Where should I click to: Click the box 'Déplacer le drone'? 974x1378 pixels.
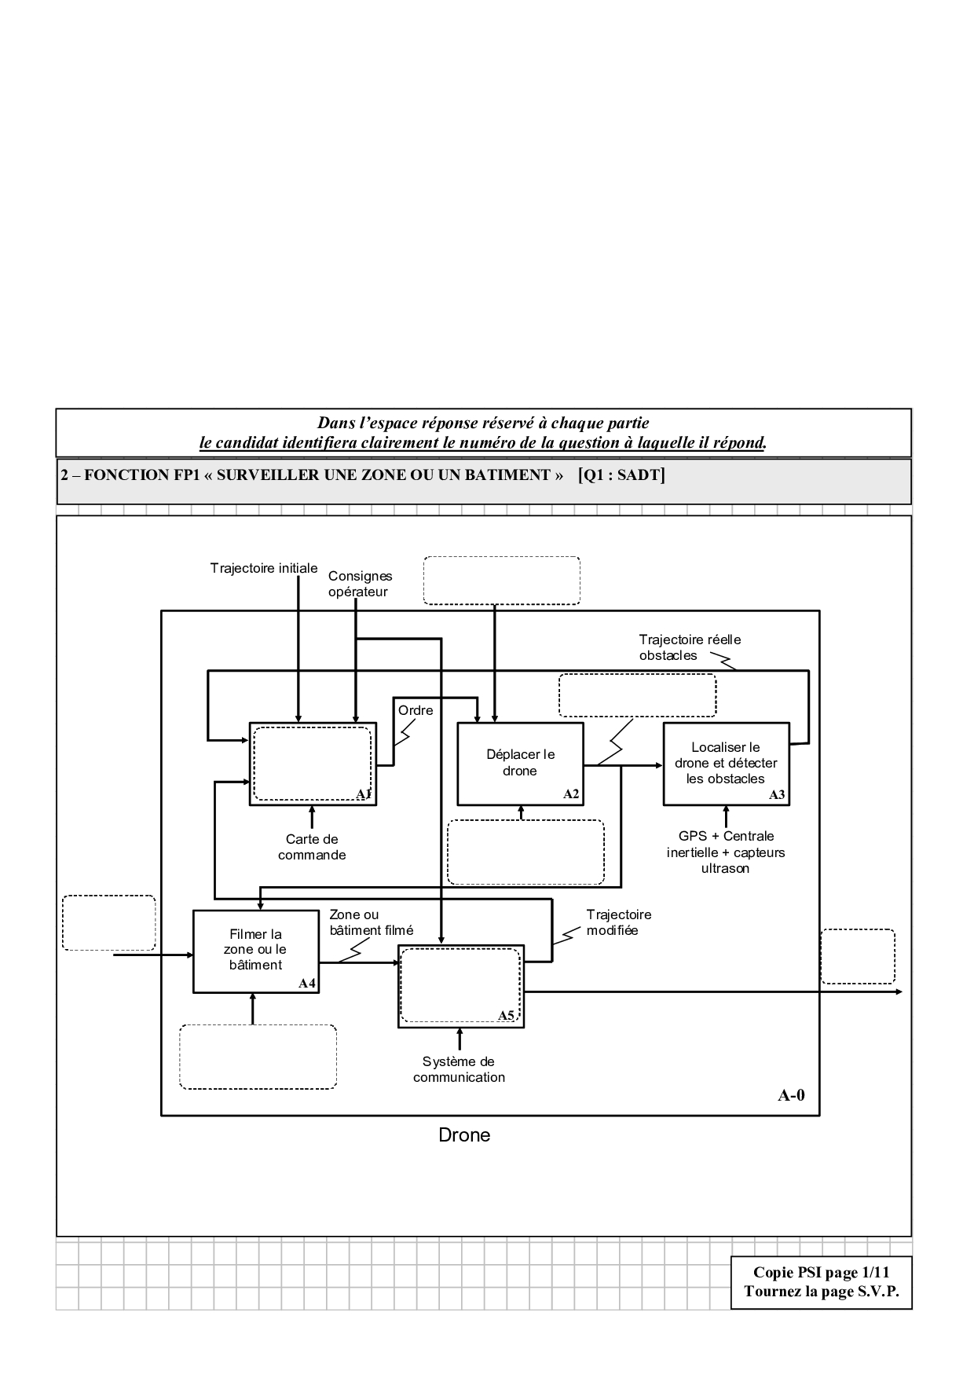[520, 763]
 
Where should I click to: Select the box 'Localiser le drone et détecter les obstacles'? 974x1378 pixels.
[725, 763]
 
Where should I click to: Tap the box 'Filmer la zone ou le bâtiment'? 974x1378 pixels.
[255, 950]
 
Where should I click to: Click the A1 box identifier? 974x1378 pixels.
[363, 794]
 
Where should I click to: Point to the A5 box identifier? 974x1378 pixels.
[506, 1015]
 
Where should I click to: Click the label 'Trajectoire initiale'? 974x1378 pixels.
[264, 568]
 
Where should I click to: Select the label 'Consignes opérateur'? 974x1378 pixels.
[360, 584]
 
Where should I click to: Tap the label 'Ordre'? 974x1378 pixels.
[416, 710]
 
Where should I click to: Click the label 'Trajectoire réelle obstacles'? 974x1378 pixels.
[689, 647]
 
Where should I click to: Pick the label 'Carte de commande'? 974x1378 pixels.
[312, 847]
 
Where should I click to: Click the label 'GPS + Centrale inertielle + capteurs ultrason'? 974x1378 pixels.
[726, 852]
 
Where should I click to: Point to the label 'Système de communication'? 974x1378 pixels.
[459, 1069]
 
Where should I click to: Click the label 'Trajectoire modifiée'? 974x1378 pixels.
[618, 922]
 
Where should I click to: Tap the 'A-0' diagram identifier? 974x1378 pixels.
[791, 1095]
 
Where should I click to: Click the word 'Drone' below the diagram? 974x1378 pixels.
[464, 1135]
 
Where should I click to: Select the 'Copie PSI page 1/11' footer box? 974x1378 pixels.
[821, 1282]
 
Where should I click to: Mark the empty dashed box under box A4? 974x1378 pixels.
[258, 1057]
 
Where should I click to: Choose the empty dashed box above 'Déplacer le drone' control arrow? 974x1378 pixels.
[501, 581]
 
